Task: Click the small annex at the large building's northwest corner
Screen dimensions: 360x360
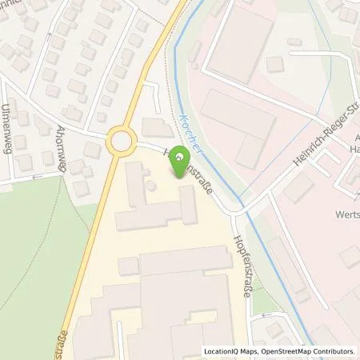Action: pyautogui.click(x=128, y=266)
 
